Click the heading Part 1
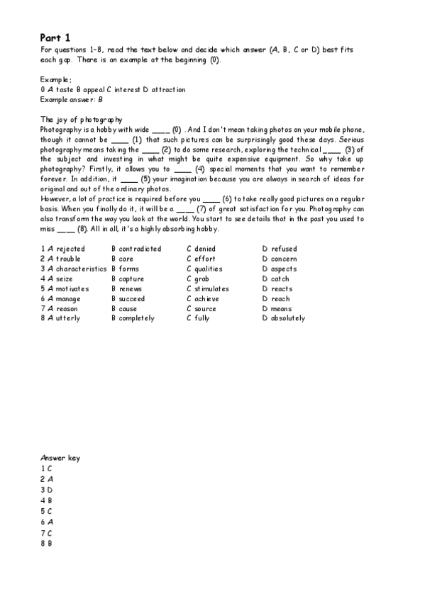point(55,37)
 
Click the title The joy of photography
point(82,119)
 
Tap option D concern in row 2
point(280,259)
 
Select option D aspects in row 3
point(280,269)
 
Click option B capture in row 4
point(128,279)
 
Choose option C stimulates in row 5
point(208,288)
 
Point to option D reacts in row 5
point(277,288)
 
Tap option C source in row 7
point(202,308)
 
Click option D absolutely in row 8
point(283,318)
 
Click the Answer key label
point(60,458)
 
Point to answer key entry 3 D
point(46,489)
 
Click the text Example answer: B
point(72,100)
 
